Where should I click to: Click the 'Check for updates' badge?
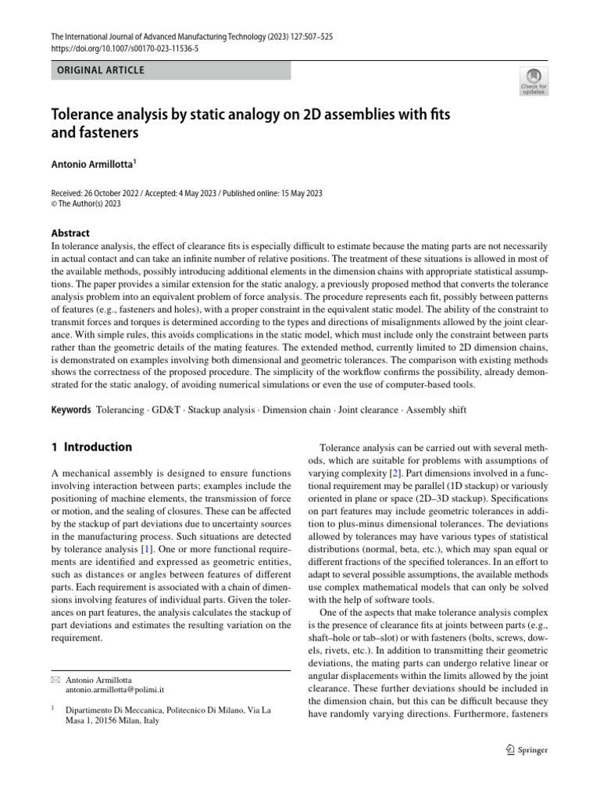[x=534, y=80]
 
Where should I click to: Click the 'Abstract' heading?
[x=70, y=233]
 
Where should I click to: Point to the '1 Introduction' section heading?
[x=91, y=448]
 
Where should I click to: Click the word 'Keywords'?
[x=70, y=409]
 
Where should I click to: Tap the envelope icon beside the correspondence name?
[x=55, y=681]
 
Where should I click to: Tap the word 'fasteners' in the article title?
[x=109, y=134]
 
